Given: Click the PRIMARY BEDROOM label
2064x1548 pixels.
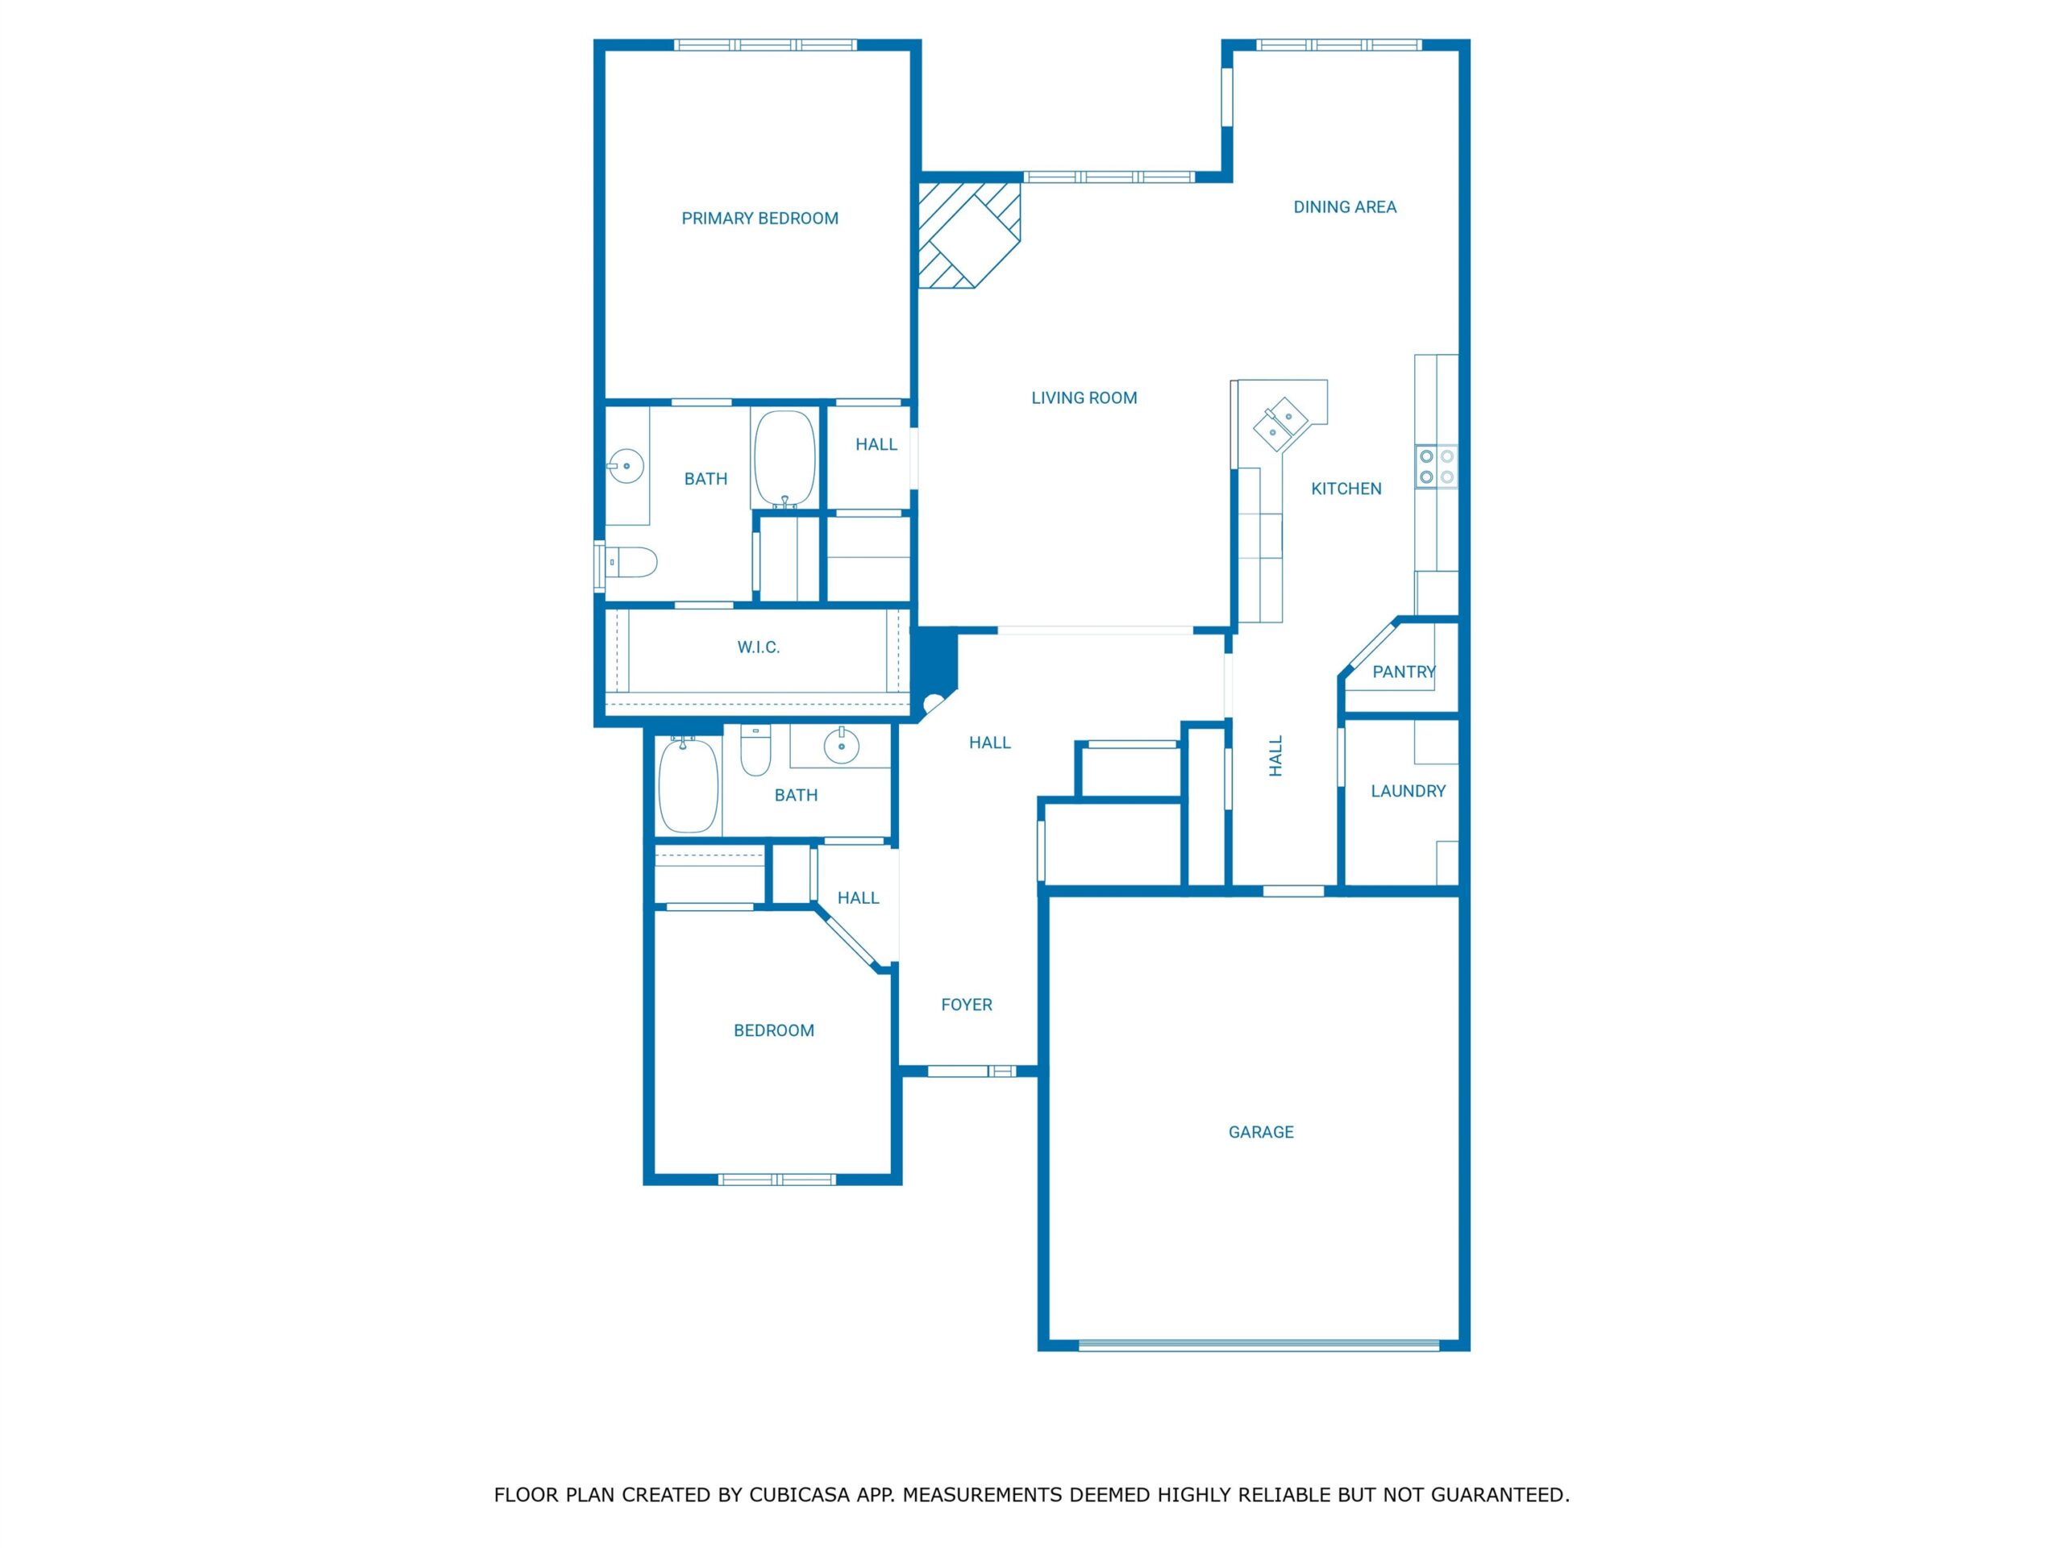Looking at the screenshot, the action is (759, 218).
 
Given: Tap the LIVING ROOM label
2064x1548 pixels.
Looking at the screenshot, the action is (1084, 397).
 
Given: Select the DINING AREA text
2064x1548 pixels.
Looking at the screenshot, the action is (1345, 207).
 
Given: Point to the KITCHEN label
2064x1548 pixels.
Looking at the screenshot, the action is (1346, 488).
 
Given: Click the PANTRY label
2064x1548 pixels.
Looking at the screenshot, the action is (1404, 672).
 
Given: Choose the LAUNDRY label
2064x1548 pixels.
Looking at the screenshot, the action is (1408, 791).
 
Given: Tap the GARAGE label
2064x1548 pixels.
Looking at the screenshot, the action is (1261, 1132).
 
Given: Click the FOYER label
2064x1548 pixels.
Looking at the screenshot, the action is (967, 1005).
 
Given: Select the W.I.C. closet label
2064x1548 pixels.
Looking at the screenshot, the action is (759, 647).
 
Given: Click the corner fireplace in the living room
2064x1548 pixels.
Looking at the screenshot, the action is (968, 235).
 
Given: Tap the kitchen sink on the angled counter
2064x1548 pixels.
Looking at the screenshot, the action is (1279, 425).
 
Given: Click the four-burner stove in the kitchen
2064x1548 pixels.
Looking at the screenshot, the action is (1437, 467).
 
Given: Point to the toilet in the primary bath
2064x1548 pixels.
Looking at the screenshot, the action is (630, 563).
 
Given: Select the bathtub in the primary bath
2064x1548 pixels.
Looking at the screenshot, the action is (784, 459).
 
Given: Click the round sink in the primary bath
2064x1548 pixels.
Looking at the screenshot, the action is (626, 464).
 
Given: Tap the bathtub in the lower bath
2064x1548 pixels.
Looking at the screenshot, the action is (689, 784).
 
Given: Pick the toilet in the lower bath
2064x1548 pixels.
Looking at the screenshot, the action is (755, 751).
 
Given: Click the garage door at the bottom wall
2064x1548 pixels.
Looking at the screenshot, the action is (1259, 1345).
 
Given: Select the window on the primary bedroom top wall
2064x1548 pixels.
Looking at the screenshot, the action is (765, 45).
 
